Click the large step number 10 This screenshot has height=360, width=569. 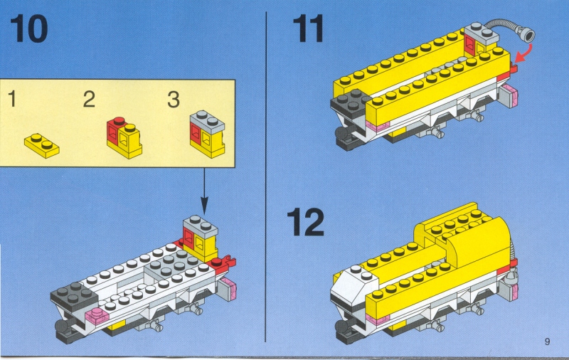pyautogui.click(x=28, y=28)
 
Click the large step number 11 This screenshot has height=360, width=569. pyautogui.click(x=308, y=28)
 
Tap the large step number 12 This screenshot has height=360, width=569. pyautogui.click(x=305, y=222)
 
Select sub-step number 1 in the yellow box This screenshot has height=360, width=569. pyautogui.click(x=12, y=99)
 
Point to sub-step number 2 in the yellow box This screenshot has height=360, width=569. pyautogui.click(x=89, y=99)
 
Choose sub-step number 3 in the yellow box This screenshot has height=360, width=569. pyautogui.click(x=174, y=99)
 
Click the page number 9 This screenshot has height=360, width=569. pyautogui.click(x=547, y=341)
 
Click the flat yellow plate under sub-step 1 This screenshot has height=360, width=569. pyautogui.click(x=42, y=146)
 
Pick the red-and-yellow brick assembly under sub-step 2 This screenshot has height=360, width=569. pyautogui.click(x=124, y=138)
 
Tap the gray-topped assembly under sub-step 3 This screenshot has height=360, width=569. pyautogui.click(x=208, y=134)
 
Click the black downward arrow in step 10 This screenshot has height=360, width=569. pyautogui.click(x=204, y=191)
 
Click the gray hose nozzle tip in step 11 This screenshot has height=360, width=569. pyautogui.click(x=527, y=35)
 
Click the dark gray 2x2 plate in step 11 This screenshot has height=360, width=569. pyautogui.click(x=351, y=101)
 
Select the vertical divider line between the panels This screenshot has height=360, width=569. pyautogui.click(x=266, y=176)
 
